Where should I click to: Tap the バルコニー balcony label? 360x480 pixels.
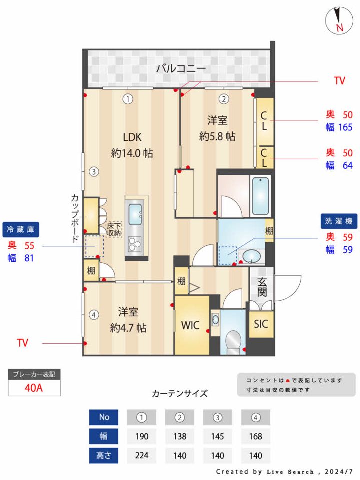point(181,68)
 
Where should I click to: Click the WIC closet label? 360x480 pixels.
point(190,325)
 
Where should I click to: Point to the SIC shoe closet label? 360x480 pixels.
point(261,324)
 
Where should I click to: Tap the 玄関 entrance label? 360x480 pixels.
point(262,287)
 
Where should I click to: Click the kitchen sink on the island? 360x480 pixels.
point(134,214)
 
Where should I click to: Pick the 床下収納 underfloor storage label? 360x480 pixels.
point(114,229)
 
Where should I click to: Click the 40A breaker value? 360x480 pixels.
point(34,388)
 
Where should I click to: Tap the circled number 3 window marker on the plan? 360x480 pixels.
point(93,172)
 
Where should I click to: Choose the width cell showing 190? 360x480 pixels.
point(142,436)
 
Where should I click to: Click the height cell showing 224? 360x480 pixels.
point(142,455)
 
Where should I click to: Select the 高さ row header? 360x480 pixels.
point(104,455)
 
